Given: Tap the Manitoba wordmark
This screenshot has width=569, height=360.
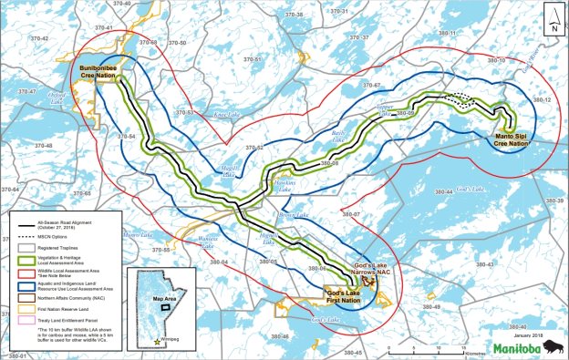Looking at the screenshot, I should click(518, 347).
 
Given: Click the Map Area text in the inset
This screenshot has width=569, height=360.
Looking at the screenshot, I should click(165, 298).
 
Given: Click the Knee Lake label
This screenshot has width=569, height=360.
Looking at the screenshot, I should click(225, 115).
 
